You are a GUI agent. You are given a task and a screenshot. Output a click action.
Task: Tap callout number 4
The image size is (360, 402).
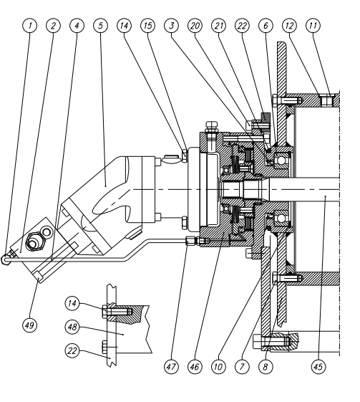point(75,26)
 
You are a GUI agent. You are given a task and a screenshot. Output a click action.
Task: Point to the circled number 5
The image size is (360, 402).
point(100,26)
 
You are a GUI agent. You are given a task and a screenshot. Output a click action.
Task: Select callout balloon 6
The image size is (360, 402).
point(266,26)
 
